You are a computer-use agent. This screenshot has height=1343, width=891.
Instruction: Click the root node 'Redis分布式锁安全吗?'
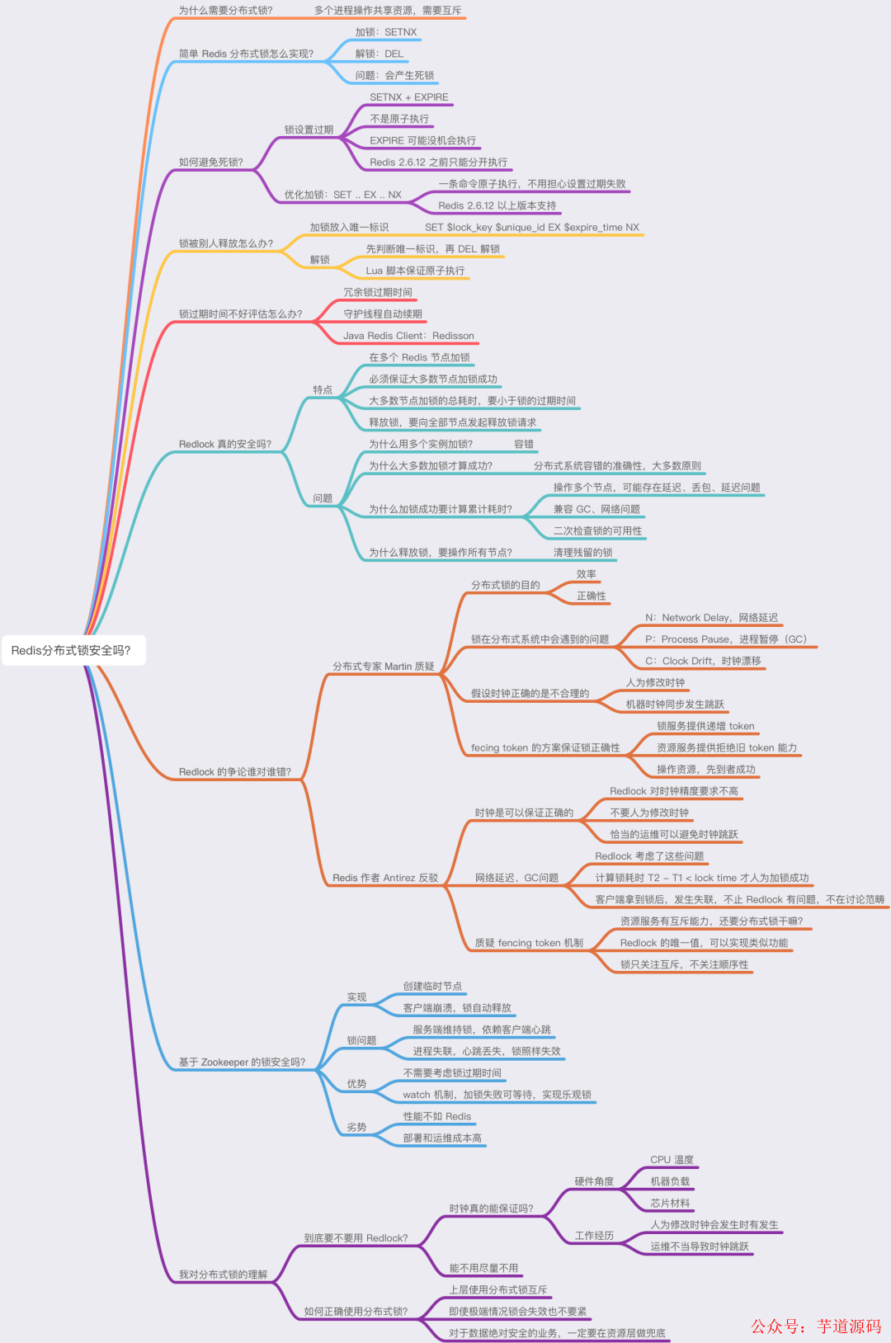click(71, 650)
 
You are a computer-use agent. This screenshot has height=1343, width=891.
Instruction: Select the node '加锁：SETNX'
click(386, 32)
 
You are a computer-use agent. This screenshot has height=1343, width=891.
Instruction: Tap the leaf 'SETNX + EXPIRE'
click(409, 97)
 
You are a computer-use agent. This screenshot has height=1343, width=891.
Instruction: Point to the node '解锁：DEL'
click(379, 54)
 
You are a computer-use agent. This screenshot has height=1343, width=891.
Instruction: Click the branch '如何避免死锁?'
click(211, 163)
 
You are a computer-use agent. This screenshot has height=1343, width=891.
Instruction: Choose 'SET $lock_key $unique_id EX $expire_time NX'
click(532, 228)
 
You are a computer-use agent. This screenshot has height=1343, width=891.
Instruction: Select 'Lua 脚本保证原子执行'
click(415, 271)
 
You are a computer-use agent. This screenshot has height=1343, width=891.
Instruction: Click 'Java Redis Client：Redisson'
click(408, 336)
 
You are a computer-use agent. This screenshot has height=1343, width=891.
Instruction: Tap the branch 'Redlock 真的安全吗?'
click(225, 444)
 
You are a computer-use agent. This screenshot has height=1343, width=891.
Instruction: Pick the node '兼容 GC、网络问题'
click(596, 509)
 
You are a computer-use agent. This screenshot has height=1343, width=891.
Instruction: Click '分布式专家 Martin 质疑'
click(384, 667)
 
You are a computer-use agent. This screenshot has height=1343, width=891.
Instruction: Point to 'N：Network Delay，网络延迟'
click(711, 618)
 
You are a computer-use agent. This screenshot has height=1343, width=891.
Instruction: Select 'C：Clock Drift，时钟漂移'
click(703, 661)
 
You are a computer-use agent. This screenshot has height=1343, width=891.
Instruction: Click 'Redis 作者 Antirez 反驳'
click(385, 878)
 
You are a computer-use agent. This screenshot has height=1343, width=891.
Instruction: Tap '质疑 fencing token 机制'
click(529, 943)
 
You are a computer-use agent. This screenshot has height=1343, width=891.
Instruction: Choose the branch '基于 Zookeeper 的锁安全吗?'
click(242, 1063)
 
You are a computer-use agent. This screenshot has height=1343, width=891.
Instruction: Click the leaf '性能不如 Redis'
click(437, 1116)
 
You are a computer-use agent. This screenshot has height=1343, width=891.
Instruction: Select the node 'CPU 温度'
click(672, 1160)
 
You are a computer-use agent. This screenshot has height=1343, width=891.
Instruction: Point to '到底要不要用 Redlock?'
click(356, 1238)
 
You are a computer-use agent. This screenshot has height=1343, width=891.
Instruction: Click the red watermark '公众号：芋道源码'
click(816, 1327)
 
